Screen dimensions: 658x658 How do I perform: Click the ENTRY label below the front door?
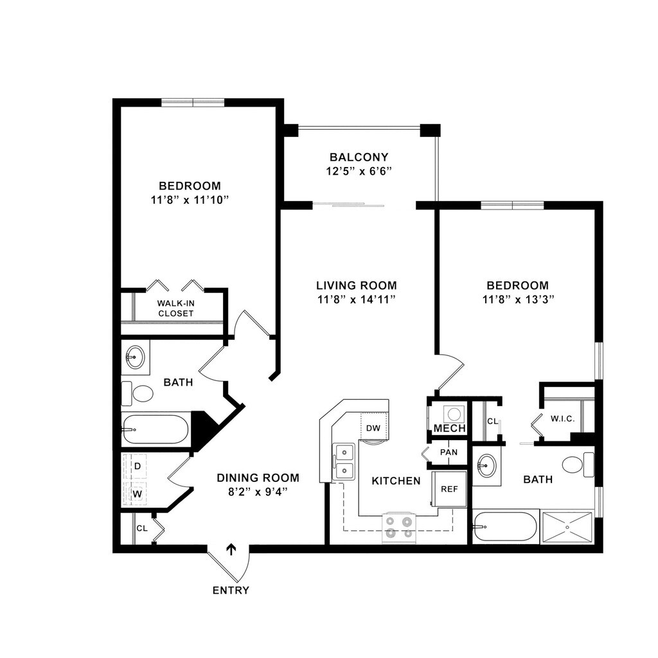click(231, 591)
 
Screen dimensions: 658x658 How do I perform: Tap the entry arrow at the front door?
click(231, 549)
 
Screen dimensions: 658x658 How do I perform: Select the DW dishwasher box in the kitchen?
click(373, 428)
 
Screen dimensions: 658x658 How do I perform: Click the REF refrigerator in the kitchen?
click(449, 489)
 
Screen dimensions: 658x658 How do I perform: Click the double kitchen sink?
click(344, 461)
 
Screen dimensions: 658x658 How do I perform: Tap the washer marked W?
click(137, 493)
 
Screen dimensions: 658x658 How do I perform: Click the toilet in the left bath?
click(138, 393)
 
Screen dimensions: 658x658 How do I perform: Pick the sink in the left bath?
click(135, 357)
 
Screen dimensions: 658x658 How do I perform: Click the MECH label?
click(450, 429)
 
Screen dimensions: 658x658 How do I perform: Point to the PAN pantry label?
click(449, 452)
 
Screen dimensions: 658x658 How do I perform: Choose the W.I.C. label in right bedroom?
click(562, 419)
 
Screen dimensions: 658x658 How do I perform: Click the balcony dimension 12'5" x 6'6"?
click(359, 171)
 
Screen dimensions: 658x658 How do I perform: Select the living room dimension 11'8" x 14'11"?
click(356, 299)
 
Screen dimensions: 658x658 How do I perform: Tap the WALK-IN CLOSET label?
click(175, 308)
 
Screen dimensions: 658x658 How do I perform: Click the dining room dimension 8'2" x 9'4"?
click(257, 492)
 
